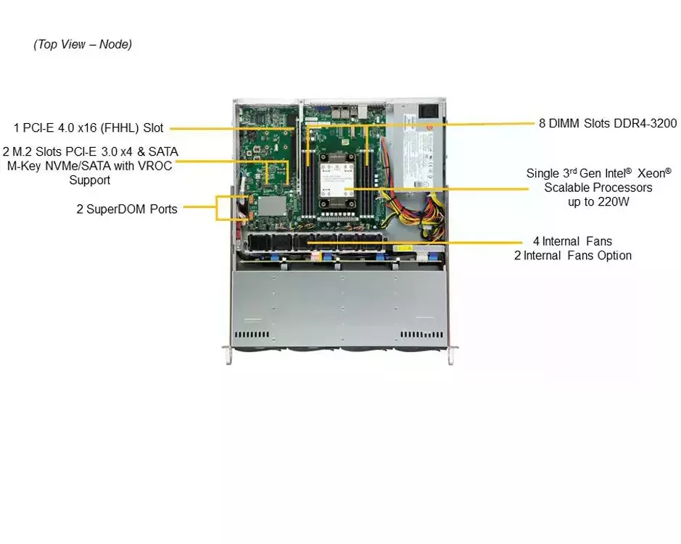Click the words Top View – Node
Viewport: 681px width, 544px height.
[83, 44]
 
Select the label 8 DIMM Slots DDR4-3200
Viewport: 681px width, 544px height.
[608, 124]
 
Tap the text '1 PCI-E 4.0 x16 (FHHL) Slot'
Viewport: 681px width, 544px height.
[88, 128]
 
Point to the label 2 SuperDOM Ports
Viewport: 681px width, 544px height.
[127, 209]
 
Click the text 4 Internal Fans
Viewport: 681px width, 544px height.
[573, 241]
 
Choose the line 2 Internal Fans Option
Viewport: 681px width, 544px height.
[573, 256]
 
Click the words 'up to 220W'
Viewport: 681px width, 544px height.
[598, 202]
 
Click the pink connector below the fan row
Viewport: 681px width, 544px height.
[315, 254]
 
